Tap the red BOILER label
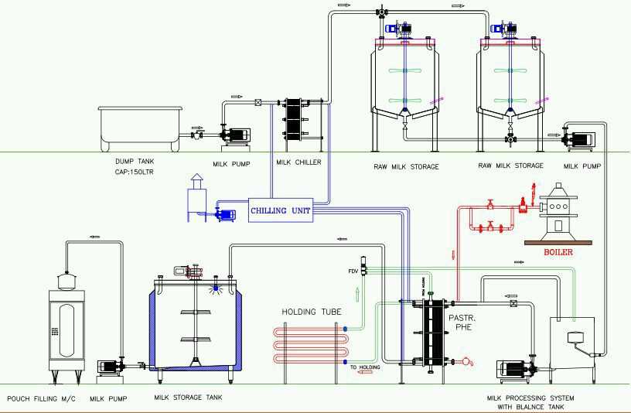click(558, 252)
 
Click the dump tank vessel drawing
click(141, 127)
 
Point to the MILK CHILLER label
click(298, 162)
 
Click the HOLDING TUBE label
click(311, 312)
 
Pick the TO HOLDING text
click(366, 367)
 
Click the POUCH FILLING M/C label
click(39, 399)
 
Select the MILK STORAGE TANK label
click(188, 398)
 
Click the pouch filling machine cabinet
click(66, 331)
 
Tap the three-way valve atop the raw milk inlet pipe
click(382, 12)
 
